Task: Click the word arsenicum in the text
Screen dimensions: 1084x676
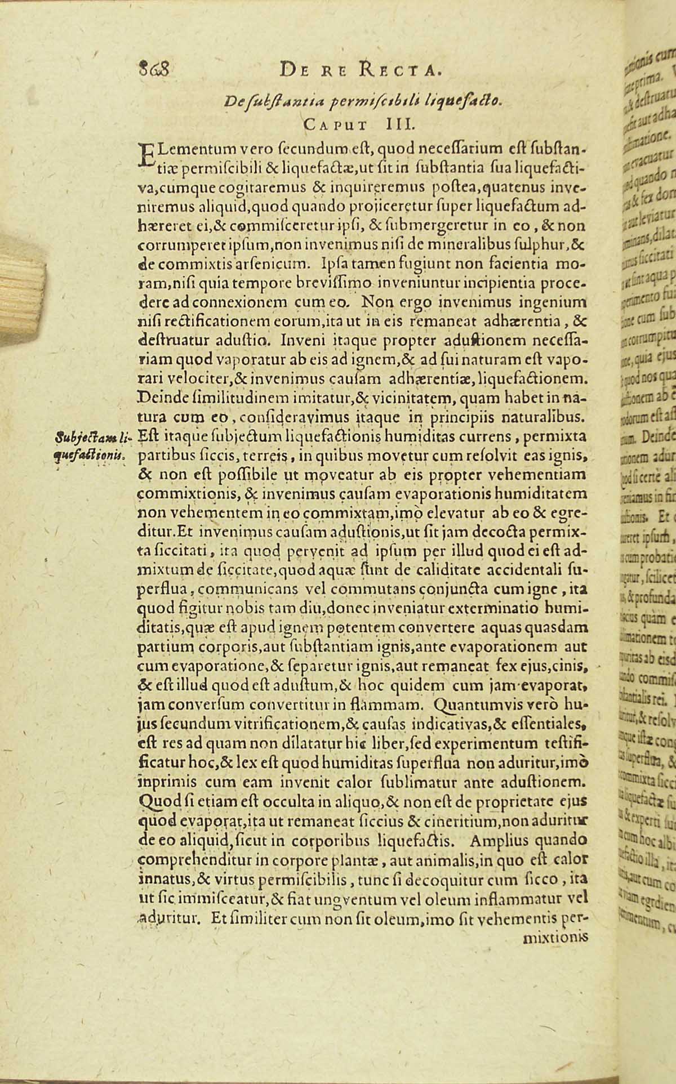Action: point(277,262)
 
